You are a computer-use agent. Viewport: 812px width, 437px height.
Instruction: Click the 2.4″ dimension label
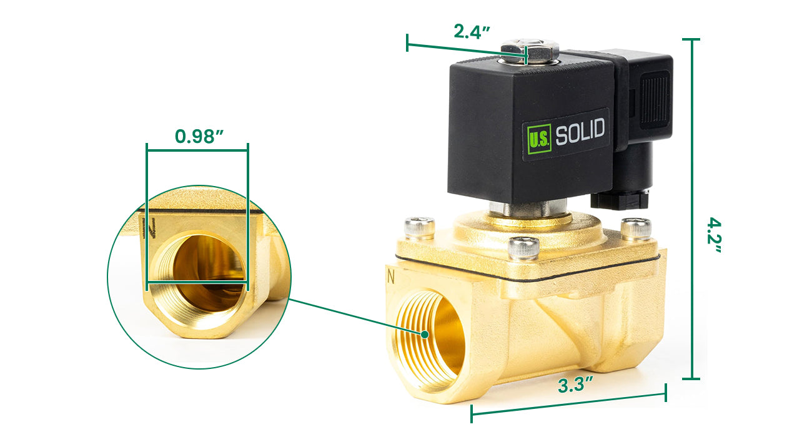click(472, 31)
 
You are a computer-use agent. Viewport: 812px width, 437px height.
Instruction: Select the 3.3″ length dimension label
click(575, 385)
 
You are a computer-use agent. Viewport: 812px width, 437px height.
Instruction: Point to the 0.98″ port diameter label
click(199, 136)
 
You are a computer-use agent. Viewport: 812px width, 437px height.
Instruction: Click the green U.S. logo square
click(539, 139)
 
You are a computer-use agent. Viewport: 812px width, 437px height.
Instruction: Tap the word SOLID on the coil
click(580, 131)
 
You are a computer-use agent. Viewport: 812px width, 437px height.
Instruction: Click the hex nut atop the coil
click(530, 51)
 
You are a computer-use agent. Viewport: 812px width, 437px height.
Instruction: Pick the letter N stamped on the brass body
click(390, 277)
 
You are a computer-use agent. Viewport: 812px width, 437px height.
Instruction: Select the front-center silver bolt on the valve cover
click(523, 248)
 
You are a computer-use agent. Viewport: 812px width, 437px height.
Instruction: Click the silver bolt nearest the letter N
click(419, 228)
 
